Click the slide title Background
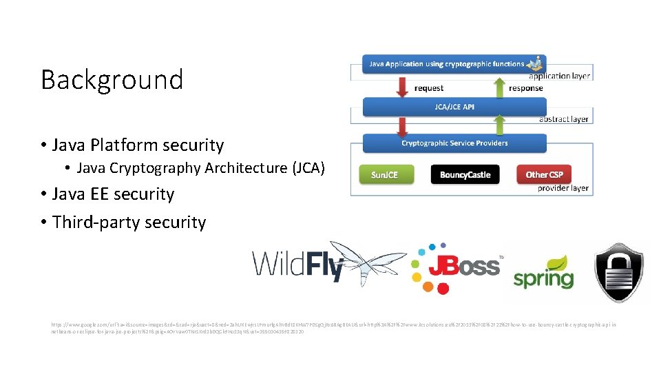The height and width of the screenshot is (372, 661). point(112,80)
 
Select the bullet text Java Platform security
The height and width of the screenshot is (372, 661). point(138,145)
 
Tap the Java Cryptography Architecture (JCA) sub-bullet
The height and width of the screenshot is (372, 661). point(200,168)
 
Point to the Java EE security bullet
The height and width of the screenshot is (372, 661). point(113,194)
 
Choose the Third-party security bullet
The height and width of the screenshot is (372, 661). point(129,223)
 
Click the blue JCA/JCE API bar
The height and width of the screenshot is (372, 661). point(454,107)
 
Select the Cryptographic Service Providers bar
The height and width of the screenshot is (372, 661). point(454,143)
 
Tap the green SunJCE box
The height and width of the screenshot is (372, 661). point(384,175)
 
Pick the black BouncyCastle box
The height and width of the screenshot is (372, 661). point(465,175)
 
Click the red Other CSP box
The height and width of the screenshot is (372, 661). point(544,175)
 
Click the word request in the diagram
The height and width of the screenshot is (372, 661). point(429,88)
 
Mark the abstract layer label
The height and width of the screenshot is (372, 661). point(563,119)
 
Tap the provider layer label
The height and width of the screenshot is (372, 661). point(563,188)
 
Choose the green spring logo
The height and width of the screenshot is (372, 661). point(543,273)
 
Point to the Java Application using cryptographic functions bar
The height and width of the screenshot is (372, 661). point(448,64)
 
